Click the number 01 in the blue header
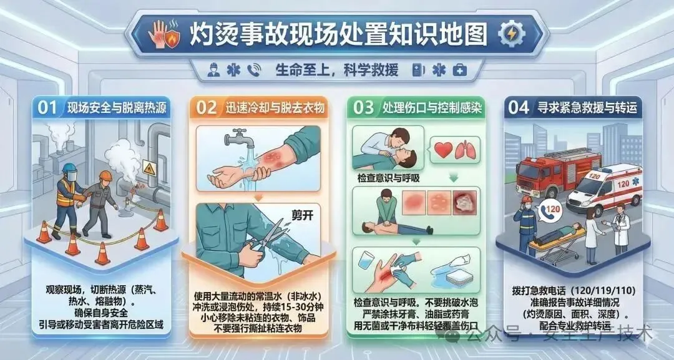coord(47,108)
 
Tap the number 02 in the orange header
coord(207,108)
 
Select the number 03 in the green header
coord(364,108)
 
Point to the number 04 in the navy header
coord(519,108)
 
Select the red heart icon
coord(444,150)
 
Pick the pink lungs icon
coord(466,150)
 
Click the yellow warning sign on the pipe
coord(149,168)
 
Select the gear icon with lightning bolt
coord(512,34)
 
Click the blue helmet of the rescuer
coord(69,168)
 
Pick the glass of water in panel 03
coord(366,260)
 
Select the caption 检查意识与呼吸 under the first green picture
coord(389,178)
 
